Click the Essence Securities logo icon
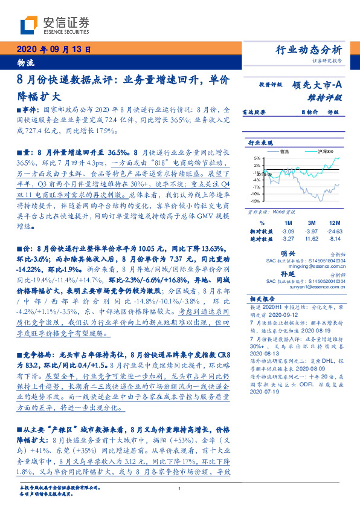coord(29,25)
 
